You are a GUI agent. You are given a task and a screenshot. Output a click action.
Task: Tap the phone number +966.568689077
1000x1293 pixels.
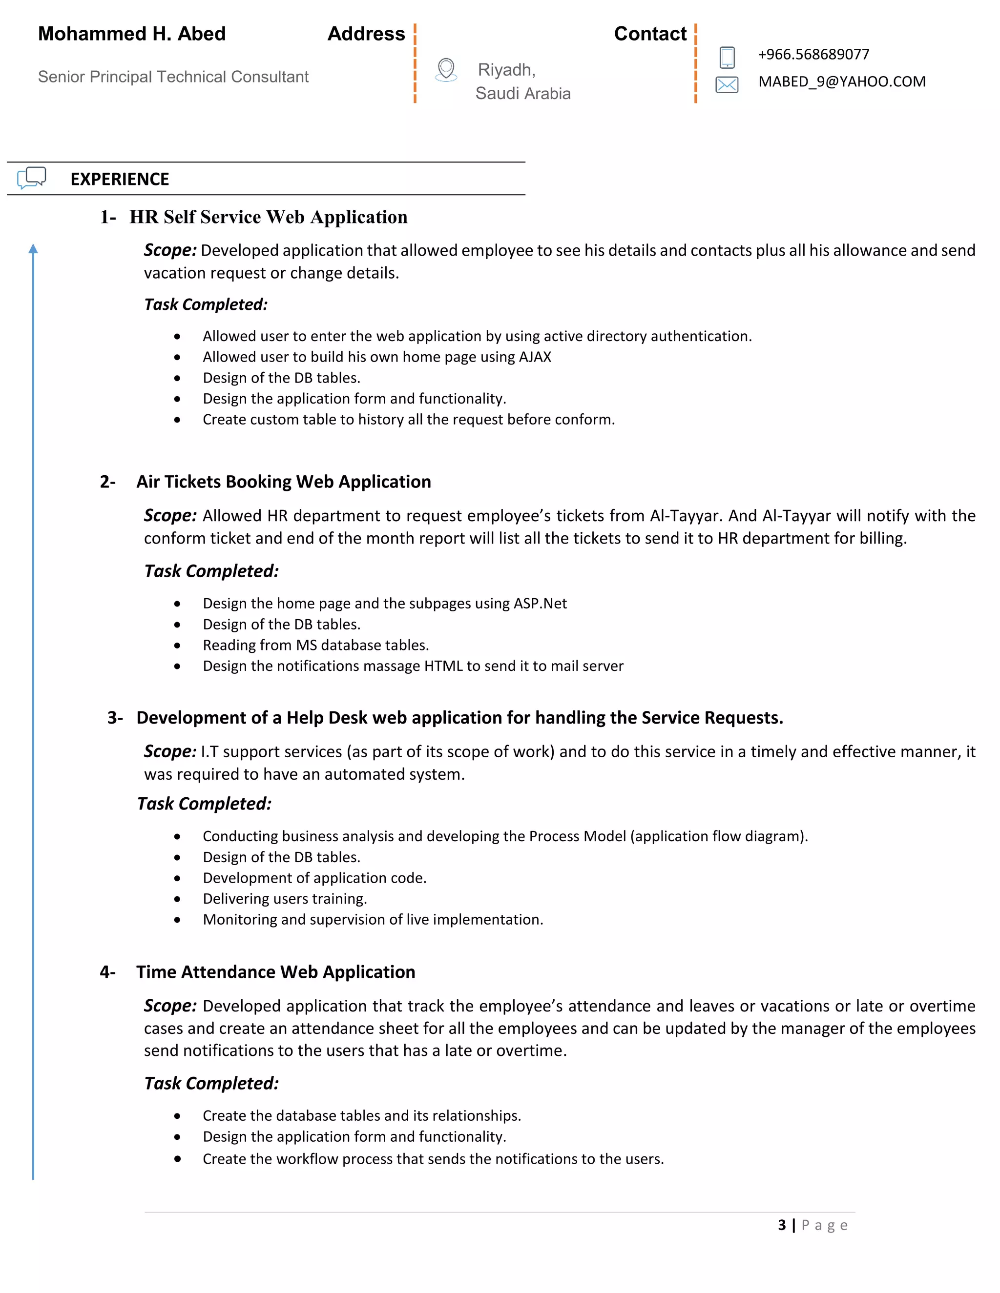coord(813,55)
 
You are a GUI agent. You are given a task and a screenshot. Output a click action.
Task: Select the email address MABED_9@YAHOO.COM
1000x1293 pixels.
coord(841,81)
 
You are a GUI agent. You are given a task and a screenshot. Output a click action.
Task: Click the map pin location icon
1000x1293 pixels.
coord(446,69)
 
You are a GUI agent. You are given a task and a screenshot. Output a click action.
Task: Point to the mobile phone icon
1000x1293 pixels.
coord(727,58)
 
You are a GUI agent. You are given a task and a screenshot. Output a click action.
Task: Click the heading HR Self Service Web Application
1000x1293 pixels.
coord(269,217)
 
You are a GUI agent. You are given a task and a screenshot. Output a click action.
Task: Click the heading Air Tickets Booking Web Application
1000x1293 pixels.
coord(283,482)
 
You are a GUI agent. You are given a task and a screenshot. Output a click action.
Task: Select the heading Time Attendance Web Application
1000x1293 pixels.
coord(275,972)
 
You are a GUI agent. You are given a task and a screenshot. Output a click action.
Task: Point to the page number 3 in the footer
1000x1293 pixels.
coord(781,1225)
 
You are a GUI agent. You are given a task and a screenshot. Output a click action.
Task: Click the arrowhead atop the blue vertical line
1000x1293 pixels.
coord(33,249)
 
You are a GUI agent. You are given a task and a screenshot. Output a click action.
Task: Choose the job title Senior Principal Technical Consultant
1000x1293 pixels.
coord(173,77)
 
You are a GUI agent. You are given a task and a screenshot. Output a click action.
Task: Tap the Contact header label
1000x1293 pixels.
coord(650,34)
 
